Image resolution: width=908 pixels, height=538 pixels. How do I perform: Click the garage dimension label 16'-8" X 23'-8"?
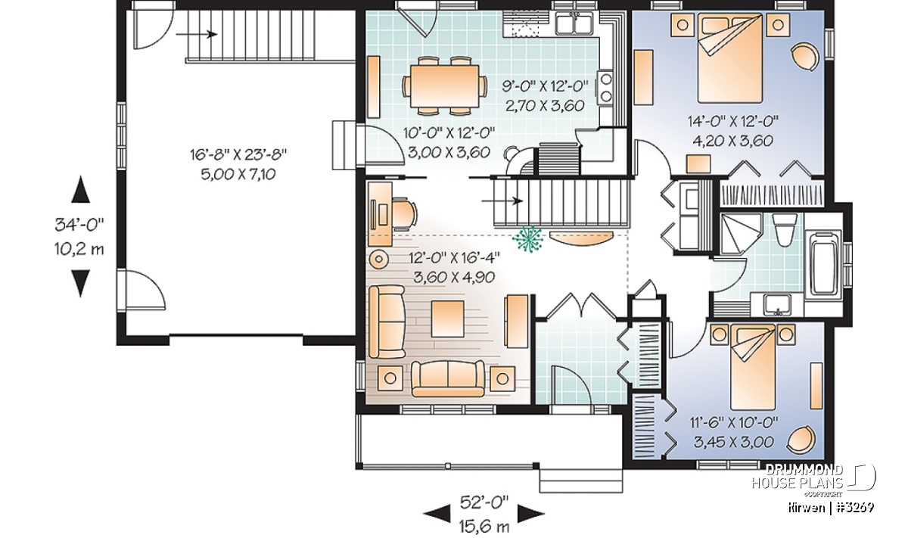point(238,154)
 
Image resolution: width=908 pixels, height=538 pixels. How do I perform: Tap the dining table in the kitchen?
point(445,86)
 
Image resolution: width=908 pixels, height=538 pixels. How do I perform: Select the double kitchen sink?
point(574,23)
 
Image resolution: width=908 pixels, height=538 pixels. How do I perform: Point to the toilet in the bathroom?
point(782,230)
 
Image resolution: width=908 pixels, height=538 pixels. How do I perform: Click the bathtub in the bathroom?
point(825,263)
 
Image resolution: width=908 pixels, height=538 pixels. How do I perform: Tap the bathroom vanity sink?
point(777,305)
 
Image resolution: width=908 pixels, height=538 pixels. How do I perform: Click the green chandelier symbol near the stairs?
point(527,239)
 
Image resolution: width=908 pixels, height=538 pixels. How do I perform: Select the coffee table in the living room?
point(447,319)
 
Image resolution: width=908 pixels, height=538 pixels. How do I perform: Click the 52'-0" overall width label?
point(484,502)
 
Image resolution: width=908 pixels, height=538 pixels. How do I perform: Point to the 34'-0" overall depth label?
point(79,225)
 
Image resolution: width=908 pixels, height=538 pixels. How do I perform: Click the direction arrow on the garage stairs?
point(197,34)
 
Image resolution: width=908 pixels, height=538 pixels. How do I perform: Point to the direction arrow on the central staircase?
point(502,201)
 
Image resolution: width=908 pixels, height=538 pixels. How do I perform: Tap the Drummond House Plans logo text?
point(798,477)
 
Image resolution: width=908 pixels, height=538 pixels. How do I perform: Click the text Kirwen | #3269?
point(831,508)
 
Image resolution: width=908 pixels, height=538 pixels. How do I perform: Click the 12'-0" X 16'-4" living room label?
point(454,257)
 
